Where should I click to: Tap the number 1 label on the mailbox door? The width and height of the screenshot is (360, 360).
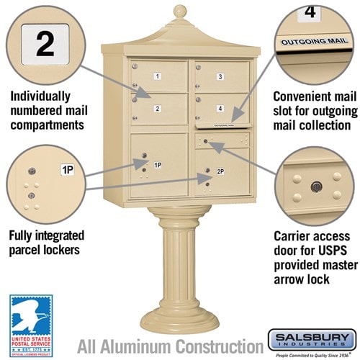[x=158, y=76]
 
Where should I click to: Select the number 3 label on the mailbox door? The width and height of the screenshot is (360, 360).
[x=220, y=76]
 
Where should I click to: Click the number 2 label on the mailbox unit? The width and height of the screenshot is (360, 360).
[x=156, y=109]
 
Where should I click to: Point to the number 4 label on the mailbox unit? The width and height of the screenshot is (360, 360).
[x=220, y=109]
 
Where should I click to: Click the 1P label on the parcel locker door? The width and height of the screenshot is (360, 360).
[x=157, y=165]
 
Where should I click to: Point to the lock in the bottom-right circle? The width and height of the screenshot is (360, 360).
[x=315, y=187]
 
